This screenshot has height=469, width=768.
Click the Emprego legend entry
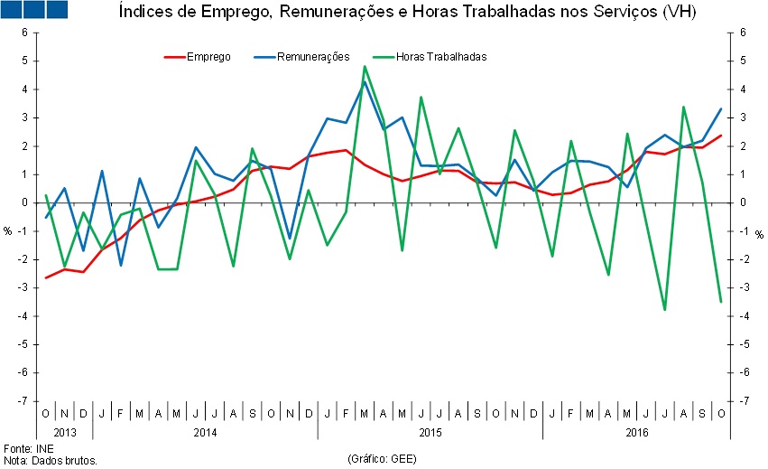[x=208, y=56]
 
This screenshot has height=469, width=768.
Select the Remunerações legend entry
[x=313, y=56]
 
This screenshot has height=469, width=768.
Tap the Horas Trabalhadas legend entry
[x=441, y=56]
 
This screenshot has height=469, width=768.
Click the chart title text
[x=407, y=12]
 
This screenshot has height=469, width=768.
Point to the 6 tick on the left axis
[x=25, y=33]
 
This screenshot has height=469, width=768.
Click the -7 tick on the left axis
[x=23, y=400]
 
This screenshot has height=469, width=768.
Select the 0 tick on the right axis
[x=742, y=202]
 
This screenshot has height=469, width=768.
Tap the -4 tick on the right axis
[x=744, y=315]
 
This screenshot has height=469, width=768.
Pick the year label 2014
[x=205, y=432]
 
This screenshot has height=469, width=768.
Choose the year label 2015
[x=430, y=432]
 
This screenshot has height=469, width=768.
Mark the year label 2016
[x=637, y=432]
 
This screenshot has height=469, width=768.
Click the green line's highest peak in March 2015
[x=365, y=66]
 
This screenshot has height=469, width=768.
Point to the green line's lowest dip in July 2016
[x=665, y=310]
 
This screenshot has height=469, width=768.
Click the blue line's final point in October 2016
[x=721, y=108]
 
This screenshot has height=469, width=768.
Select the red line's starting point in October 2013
[x=46, y=277]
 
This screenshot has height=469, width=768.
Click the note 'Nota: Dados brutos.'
[x=51, y=460]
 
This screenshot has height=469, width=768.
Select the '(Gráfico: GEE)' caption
[x=383, y=459]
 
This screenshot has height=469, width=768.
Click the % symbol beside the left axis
[x=8, y=231]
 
